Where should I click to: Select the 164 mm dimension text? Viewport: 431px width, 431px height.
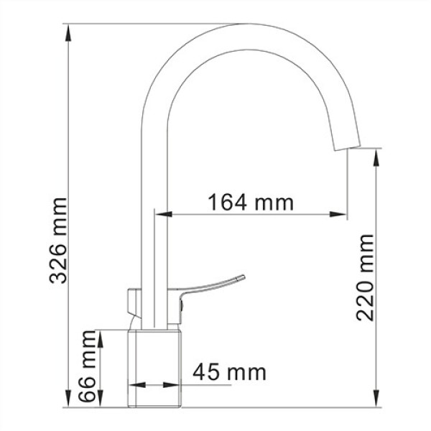pos(251,202)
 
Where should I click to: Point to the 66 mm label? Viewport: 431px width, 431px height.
pos(87,366)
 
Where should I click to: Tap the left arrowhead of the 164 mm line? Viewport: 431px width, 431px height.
pos(162,214)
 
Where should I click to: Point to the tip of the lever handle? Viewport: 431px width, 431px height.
pos(244,276)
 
